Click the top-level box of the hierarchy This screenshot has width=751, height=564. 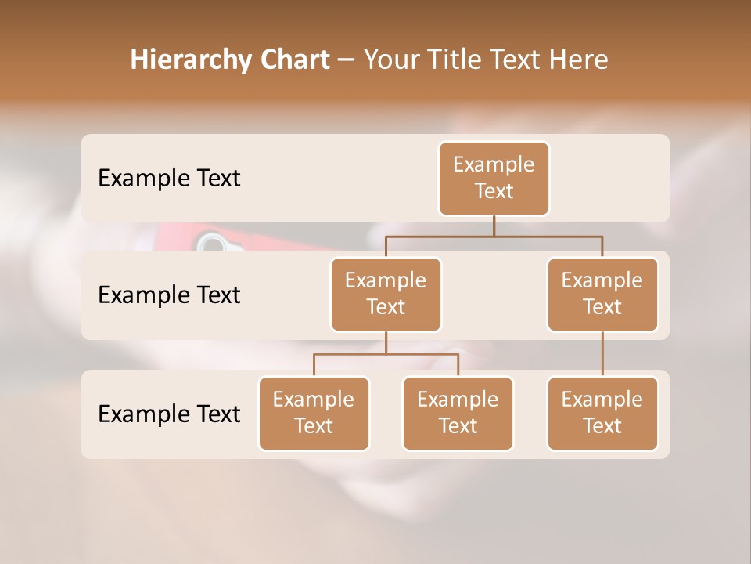tap(494, 178)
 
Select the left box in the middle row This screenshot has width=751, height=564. tap(386, 294)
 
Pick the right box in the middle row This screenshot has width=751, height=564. tap(602, 294)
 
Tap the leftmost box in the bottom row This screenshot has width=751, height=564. tap(314, 413)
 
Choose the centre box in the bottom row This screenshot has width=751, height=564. tap(458, 413)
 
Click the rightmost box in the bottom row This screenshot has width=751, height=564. tap(602, 413)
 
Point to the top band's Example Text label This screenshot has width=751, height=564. tap(169, 179)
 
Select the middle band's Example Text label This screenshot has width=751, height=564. tap(169, 295)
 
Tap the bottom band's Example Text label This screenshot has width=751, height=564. tap(169, 414)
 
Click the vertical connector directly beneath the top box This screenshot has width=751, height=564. tap(494, 226)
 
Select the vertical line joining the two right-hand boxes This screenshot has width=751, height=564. tap(602, 354)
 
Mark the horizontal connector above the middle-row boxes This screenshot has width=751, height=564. tap(494, 236)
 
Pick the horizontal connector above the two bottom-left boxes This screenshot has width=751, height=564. tap(386, 354)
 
